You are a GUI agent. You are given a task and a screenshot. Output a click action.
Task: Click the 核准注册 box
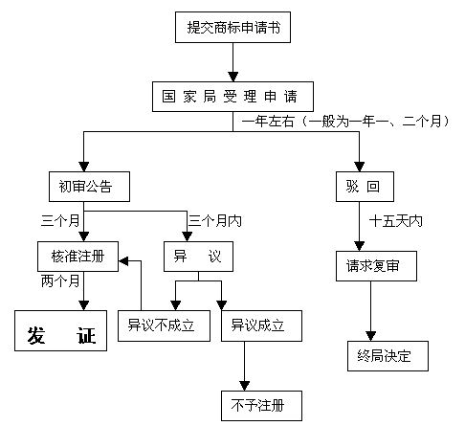(78, 258)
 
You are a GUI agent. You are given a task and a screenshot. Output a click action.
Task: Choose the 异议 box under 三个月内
(197, 258)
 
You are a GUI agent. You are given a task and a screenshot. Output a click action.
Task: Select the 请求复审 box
(376, 267)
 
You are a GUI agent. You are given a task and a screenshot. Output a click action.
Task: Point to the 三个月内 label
(215, 220)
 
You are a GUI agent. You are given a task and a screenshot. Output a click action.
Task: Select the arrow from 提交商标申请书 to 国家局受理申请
(232, 62)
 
